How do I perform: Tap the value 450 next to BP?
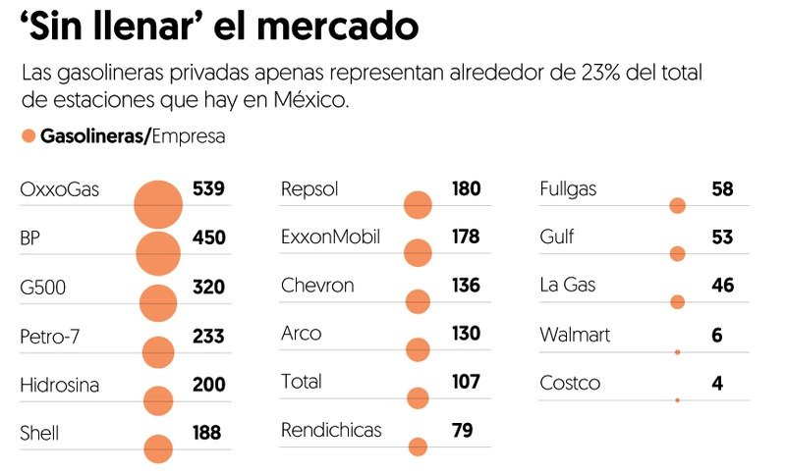[209, 238]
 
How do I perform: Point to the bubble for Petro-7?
[158, 352]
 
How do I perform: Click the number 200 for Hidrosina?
[209, 384]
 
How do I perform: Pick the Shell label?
[38, 432]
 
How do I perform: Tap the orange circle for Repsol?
[418, 205]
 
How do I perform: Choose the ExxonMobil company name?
[330, 237]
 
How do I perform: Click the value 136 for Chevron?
[466, 286]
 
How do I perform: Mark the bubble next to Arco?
[418, 349]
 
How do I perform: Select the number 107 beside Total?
[466, 382]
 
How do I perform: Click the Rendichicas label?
[331, 430]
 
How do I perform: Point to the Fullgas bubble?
[677, 205]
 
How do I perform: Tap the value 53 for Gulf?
[722, 237]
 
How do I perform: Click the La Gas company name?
[568, 286]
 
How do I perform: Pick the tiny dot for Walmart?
[677, 351]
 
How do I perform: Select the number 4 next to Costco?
[717, 383]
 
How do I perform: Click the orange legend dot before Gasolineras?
[28, 135]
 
